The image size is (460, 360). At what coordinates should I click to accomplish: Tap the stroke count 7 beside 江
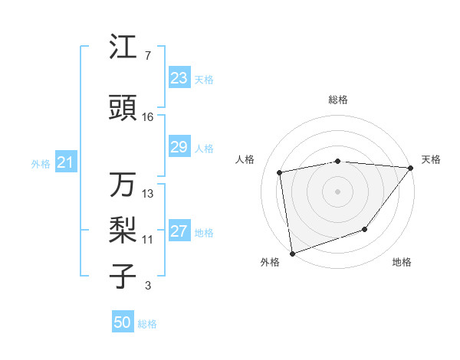coord(147,56)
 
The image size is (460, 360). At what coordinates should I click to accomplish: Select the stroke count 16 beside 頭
coord(148,117)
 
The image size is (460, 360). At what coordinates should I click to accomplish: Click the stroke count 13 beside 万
coord(148,194)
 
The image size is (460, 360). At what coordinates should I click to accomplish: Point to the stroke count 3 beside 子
coord(147,286)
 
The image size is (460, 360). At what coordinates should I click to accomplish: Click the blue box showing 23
coord(179,78)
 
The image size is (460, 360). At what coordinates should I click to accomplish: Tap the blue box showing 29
coord(179,147)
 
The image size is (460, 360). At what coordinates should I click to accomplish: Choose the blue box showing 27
coord(179,232)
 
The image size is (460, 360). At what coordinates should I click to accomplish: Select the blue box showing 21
coord(65,162)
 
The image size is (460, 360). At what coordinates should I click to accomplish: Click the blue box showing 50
coord(122,322)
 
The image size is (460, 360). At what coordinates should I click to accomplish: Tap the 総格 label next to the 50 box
coord(147,324)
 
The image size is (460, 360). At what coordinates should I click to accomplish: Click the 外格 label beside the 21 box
coord(41,163)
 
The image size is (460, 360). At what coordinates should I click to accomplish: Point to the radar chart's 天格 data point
coord(410,169)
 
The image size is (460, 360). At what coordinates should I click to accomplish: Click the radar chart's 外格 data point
coord(292,252)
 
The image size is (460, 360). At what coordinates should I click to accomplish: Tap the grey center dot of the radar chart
coord(337,191)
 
